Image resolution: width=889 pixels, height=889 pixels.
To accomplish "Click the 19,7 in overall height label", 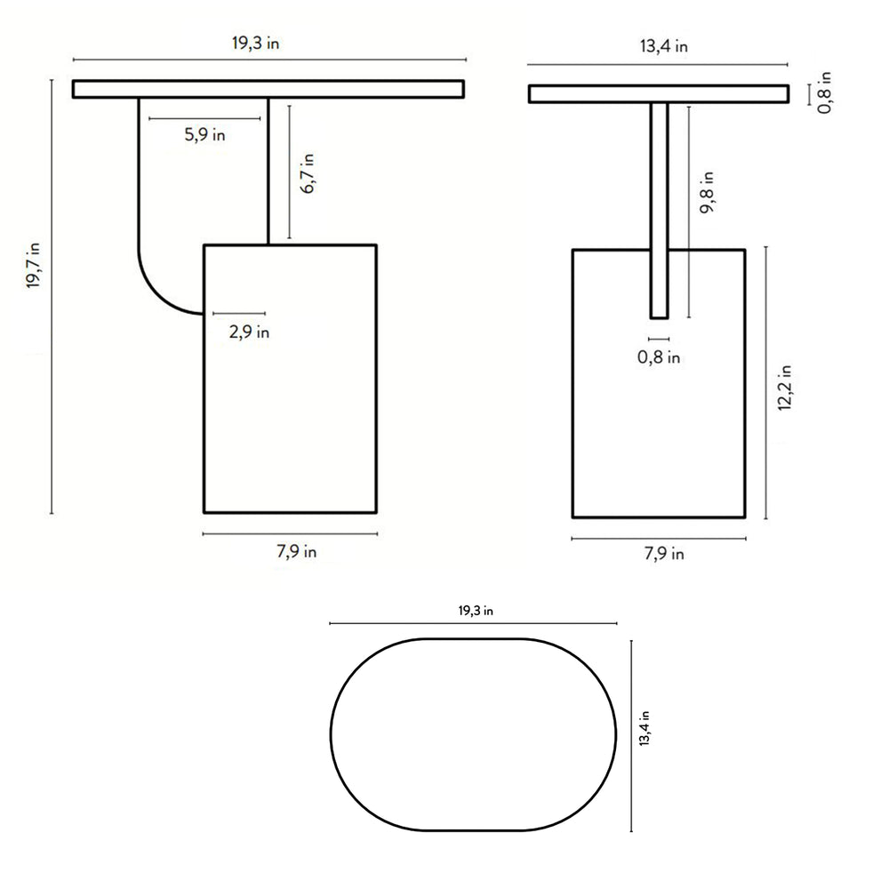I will (34, 266).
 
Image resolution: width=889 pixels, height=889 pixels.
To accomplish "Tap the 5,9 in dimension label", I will (204, 135).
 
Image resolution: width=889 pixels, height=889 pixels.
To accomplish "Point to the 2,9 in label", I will (249, 332).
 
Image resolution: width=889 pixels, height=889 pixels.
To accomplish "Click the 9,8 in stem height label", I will (708, 190).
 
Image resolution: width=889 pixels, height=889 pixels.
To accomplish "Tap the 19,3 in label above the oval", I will (476, 611).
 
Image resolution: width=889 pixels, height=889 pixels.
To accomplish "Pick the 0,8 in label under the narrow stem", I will (660, 357).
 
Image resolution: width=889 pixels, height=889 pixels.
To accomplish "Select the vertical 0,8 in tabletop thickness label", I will (826, 92).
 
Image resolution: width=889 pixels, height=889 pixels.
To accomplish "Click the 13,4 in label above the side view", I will (663, 47).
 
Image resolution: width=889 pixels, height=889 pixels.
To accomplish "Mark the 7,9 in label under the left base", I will (296, 551).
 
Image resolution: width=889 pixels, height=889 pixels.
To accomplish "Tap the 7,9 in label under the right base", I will (663, 554).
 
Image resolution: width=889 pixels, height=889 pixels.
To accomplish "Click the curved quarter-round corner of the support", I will (160, 293).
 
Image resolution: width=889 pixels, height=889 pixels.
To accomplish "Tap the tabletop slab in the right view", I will (659, 93).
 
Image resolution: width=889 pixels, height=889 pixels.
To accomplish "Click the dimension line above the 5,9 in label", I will (206, 118).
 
